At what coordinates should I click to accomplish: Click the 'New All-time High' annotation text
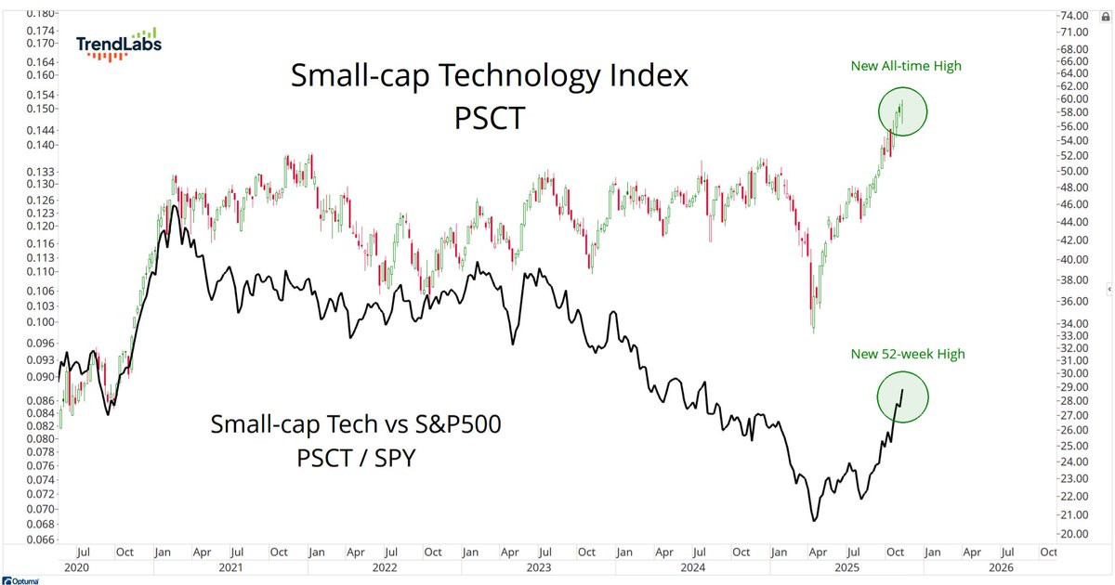(x=906, y=66)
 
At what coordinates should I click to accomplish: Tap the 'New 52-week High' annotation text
(x=908, y=354)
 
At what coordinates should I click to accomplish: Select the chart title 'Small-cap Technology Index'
(x=490, y=76)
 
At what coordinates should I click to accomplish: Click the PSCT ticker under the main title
(x=490, y=119)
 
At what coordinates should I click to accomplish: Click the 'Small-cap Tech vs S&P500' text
(x=356, y=425)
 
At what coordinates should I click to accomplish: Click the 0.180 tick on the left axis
(x=40, y=13)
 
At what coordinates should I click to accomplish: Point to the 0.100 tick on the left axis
(x=40, y=321)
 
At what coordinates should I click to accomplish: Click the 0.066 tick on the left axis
(x=40, y=538)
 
